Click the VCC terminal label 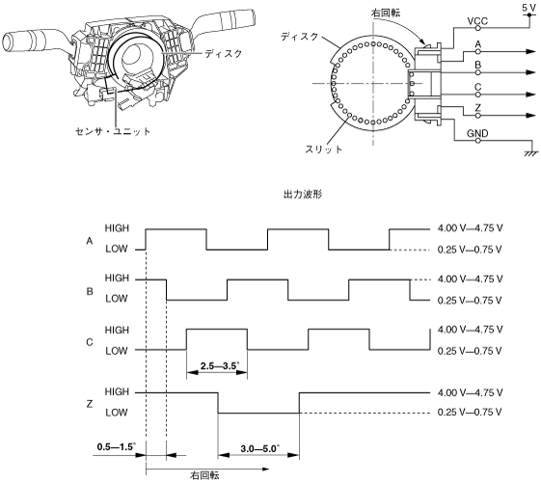(x=477, y=21)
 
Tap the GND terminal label (x=477, y=133)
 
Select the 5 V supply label (x=528, y=8)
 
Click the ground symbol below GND (x=531, y=153)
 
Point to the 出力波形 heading (x=303, y=194)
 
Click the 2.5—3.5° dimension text (x=219, y=365)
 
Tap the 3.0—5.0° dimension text (x=259, y=448)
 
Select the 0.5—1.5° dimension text (x=117, y=447)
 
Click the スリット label (x=323, y=149)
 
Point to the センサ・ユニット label (x=113, y=131)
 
